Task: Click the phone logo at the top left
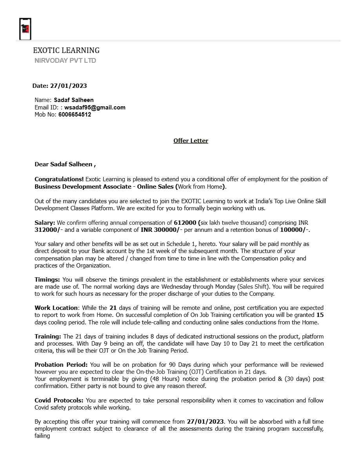tap(25, 29)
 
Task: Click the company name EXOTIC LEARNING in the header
tap(66, 50)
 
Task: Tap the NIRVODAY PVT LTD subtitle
tap(65, 60)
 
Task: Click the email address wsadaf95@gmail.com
tap(95, 107)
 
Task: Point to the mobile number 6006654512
tap(75, 115)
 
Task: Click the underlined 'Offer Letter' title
tap(191, 140)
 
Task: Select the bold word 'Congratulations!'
tap(59, 179)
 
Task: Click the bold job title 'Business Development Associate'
tap(83, 186)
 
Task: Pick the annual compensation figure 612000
tap(185, 223)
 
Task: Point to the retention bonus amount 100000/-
tap(294, 230)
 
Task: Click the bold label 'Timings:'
tap(47, 279)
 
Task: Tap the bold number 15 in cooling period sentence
tap(320, 315)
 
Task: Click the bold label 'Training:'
tap(48, 337)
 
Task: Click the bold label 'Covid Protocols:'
tap(59, 400)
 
